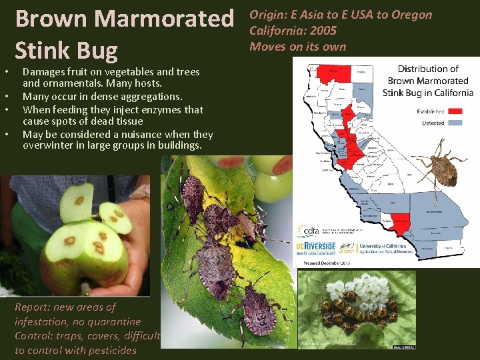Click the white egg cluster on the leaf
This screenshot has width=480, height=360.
[x=359, y=289]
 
